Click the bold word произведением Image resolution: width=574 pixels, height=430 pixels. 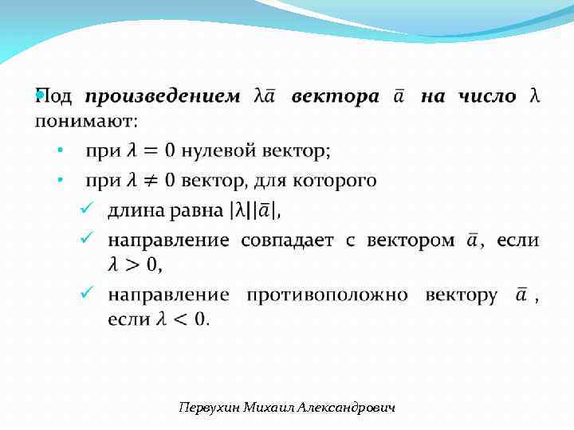click(x=163, y=97)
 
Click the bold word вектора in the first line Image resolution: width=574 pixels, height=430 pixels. click(x=335, y=97)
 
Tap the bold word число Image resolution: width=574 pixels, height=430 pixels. click(x=487, y=97)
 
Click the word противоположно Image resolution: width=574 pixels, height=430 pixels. click(x=327, y=295)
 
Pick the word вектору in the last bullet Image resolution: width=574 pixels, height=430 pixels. click(x=462, y=295)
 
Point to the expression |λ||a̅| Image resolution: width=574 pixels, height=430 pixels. click(x=254, y=212)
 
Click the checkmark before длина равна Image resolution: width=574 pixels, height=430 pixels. click(x=88, y=209)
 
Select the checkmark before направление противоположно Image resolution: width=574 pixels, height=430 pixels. click(x=88, y=293)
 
